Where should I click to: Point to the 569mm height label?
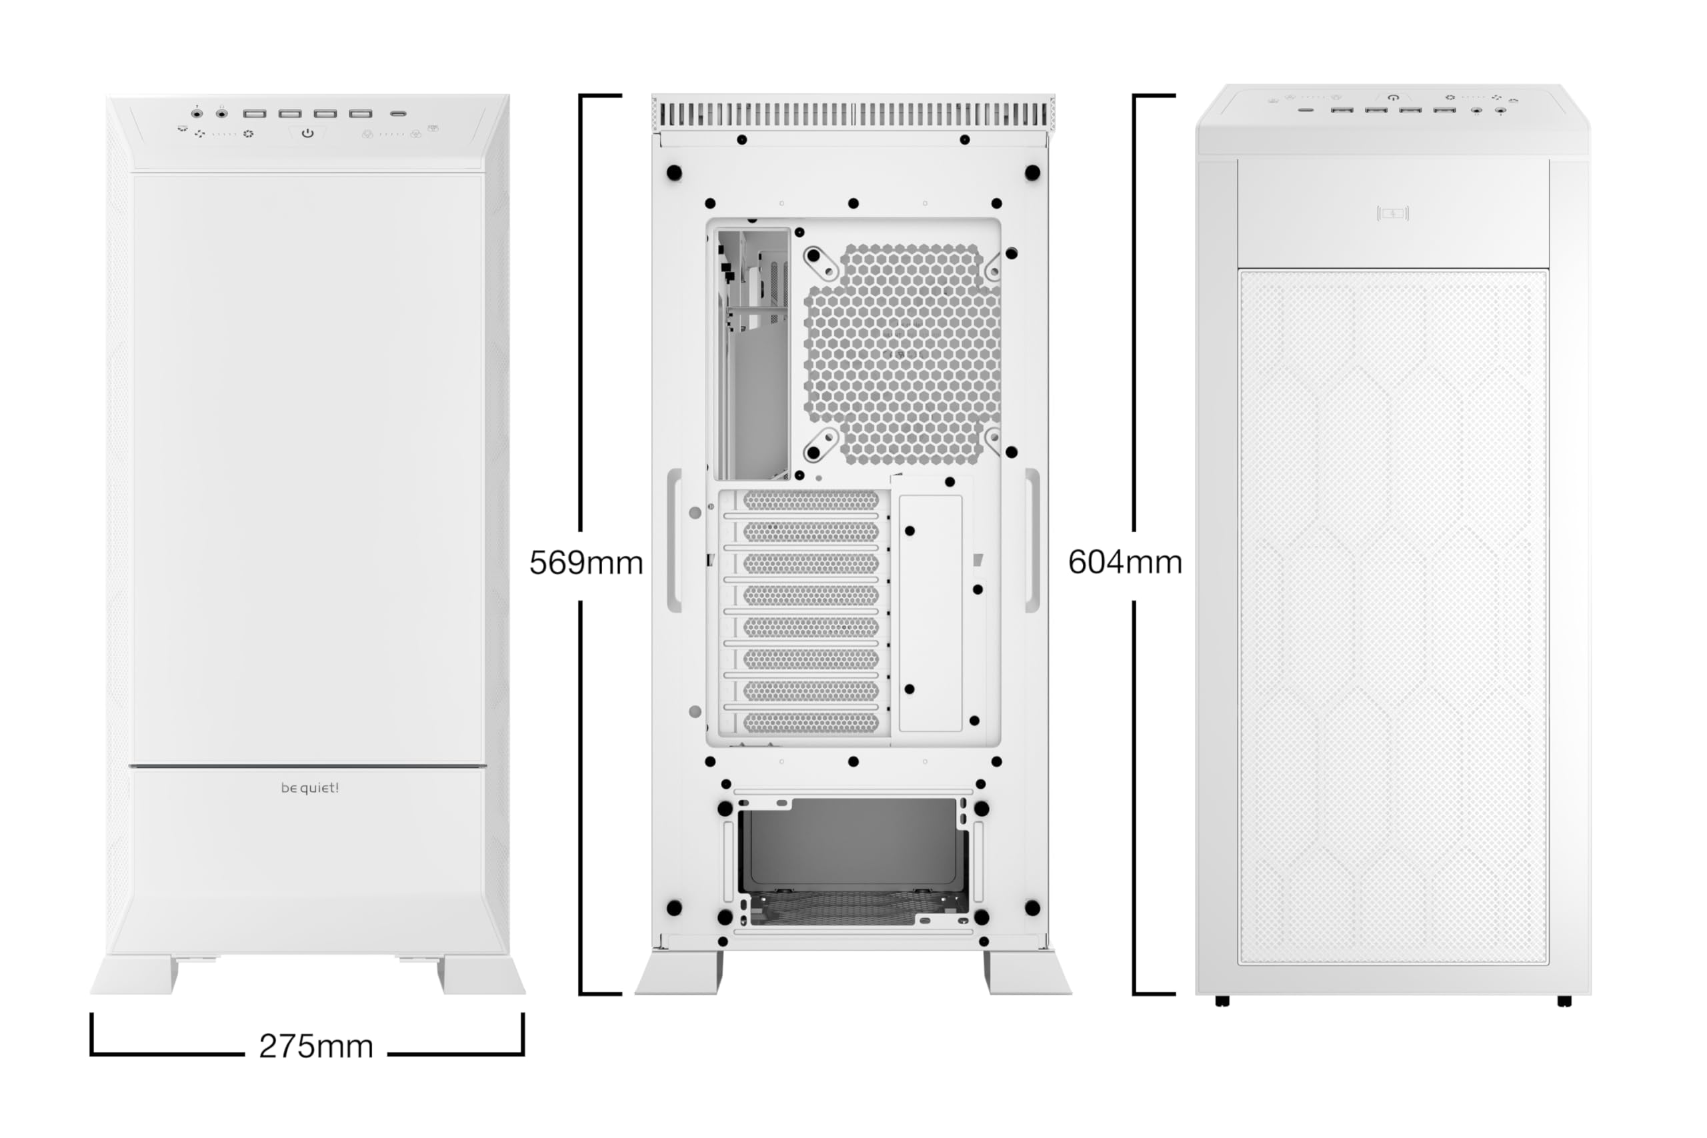[x=585, y=563]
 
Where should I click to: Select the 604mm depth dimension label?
[x=1125, y=562]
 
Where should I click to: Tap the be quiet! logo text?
[x=310, y=787]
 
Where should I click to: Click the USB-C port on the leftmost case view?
[x=397, y=114]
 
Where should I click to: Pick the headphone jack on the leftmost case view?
[x=222, y=113]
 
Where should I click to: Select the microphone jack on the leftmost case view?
[x=197, y=113]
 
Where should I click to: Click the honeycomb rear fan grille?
[x=902, y=353]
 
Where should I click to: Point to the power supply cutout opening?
[x=853, y=860]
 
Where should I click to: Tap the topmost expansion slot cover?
[x=811, y=500]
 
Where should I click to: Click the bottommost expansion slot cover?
[x=811, y=723]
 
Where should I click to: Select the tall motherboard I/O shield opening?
[x=753, y=354]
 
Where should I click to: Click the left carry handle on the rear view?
[x=674, y=541]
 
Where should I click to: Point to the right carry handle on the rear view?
[x=1032, y=541]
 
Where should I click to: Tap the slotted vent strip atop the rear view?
[x=853, y=115]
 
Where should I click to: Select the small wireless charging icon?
[x=1393, y=213]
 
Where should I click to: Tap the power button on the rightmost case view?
[x=1393, y=97]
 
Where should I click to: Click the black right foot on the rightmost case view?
[x=1564, y=1001]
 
